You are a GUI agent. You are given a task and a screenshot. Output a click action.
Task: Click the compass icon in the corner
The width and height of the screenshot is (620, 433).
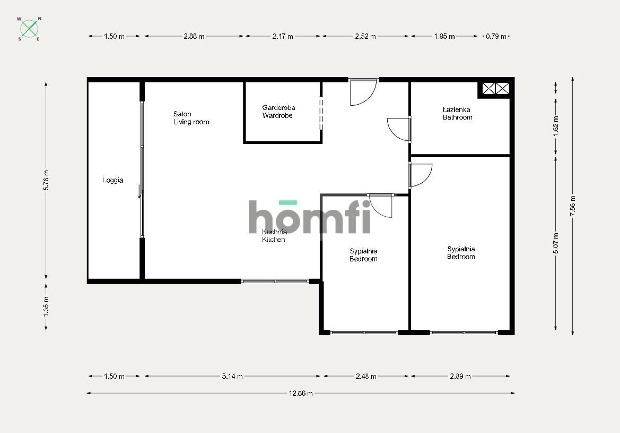coord(30,29)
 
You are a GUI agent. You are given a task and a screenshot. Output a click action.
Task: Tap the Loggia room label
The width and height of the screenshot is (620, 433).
coord(112,180)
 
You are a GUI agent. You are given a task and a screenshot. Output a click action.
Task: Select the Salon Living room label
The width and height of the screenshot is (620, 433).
coord(191,118)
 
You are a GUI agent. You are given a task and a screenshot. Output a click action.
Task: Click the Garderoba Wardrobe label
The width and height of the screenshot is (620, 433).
coord(277,112)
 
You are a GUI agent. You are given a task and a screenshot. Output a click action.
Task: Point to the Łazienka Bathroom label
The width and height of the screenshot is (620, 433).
coord(457,113)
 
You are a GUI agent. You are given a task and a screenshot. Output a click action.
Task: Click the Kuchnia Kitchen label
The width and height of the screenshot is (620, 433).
coord(274,236)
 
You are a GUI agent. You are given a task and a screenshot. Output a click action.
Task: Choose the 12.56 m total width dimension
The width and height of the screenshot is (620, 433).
coord(301,394)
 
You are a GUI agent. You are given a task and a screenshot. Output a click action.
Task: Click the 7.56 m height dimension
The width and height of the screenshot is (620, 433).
coord(573,206)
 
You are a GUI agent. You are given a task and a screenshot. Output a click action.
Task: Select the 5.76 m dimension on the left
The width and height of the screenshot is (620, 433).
coord(46,180)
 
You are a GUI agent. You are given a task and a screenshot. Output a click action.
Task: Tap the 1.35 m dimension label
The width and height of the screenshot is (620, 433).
coord(46,307)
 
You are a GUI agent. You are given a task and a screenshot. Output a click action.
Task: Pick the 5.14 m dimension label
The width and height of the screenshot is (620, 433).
coord(232,377)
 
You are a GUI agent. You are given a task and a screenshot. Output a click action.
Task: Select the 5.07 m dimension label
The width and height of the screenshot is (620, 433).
coord(556,243)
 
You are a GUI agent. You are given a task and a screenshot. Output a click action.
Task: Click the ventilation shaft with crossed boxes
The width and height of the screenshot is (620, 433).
coord(495,88)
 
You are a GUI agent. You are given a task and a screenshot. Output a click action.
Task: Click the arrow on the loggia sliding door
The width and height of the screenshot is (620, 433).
coord(139,192)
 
